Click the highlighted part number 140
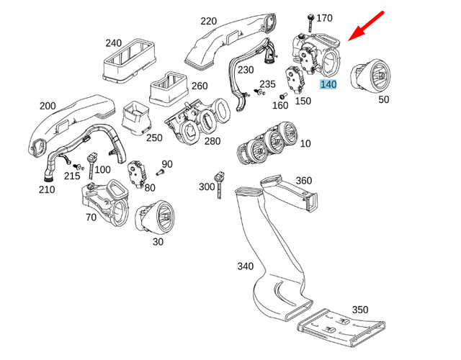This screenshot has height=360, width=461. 328,84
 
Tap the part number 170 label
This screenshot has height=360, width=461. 325,17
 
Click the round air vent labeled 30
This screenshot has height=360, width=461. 155,217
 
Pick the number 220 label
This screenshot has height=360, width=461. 209,21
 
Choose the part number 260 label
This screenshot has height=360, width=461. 200,86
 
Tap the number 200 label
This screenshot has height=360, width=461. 48,106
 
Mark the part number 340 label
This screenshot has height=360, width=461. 246,266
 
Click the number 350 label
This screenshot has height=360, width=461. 360,310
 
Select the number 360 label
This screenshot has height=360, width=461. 303,180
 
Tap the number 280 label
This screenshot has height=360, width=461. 212,141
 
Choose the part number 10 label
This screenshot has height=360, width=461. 305,144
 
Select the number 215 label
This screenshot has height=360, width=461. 72,176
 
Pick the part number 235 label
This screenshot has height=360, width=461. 267,84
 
